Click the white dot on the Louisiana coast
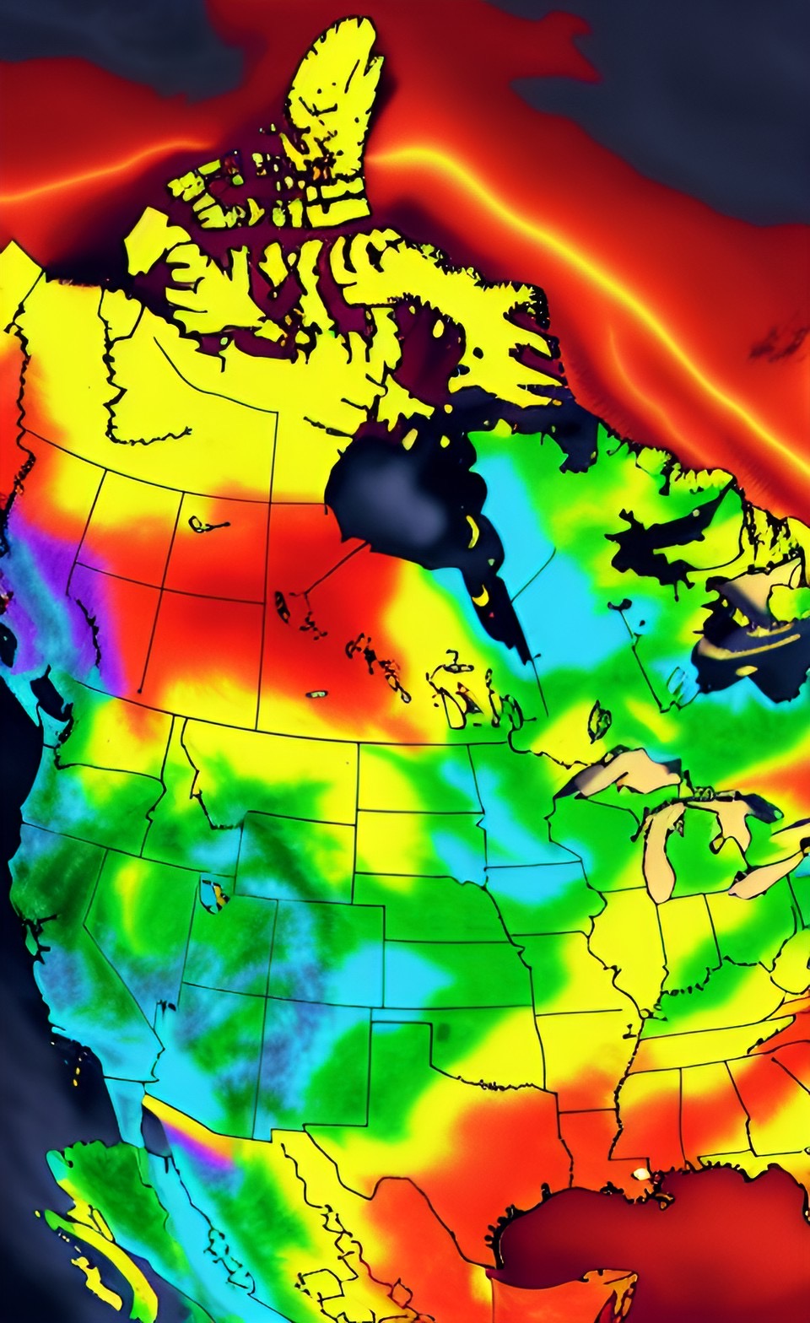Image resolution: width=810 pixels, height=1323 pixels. [643, 1174]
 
